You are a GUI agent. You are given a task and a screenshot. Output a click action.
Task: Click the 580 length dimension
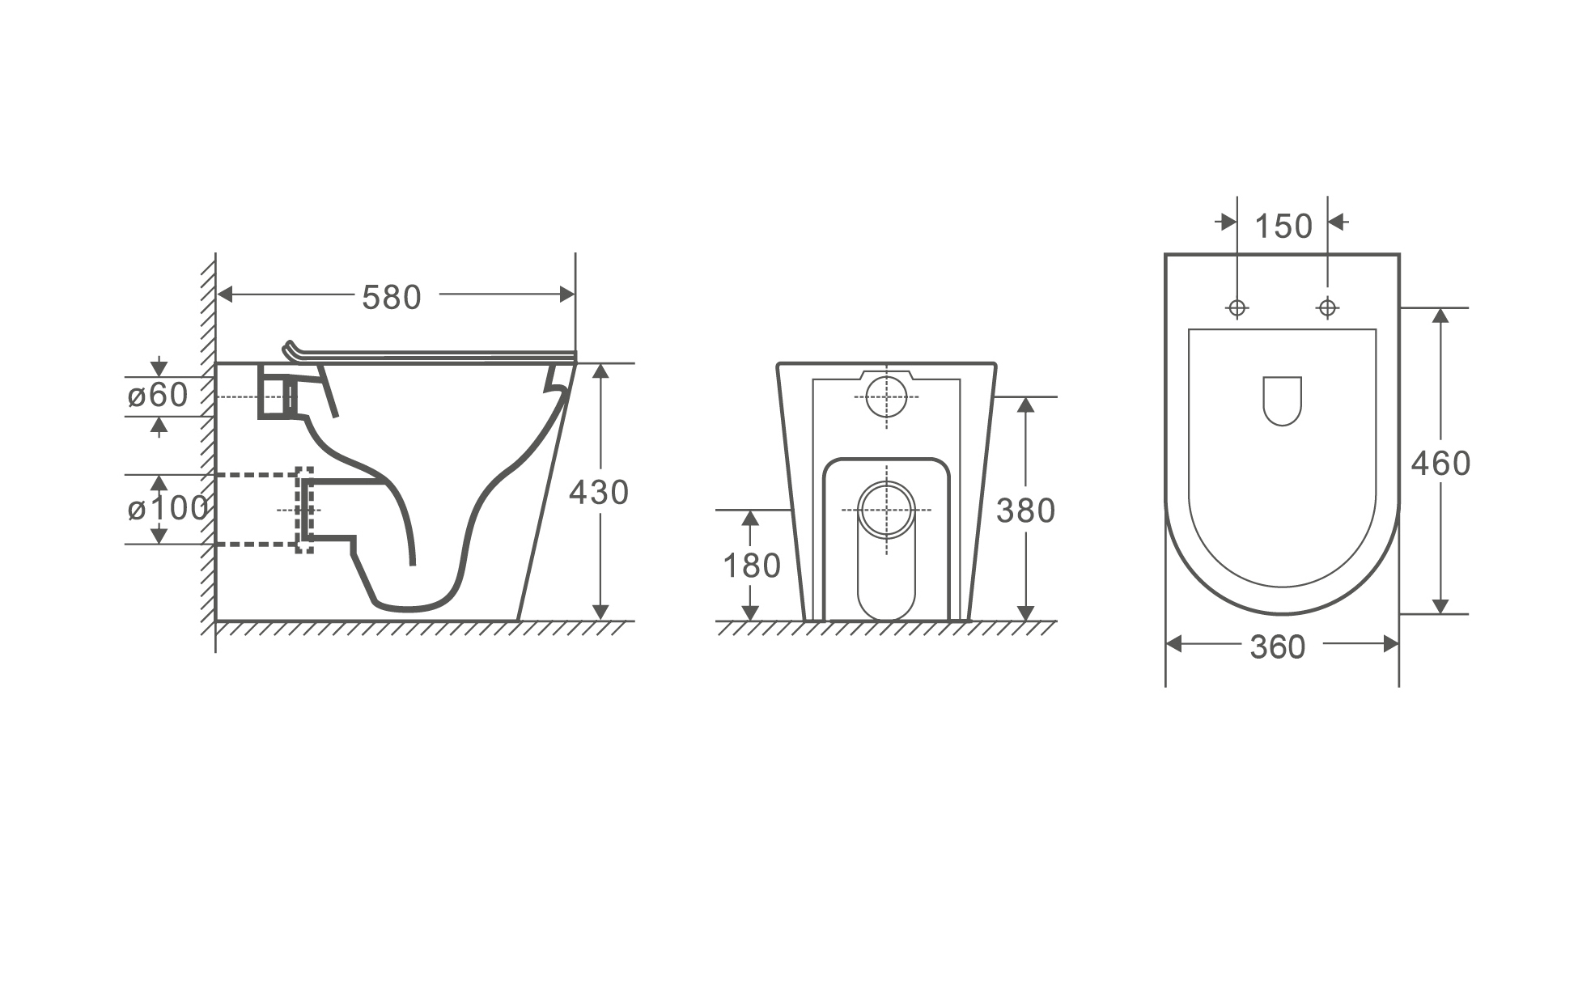(x=392, y=298)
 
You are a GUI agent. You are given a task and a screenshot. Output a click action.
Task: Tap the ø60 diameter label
(x=158, y=395)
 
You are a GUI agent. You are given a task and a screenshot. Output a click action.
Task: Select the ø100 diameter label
(x=168, y=508)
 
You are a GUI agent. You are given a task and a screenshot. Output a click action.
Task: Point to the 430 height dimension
(x=599, y=492)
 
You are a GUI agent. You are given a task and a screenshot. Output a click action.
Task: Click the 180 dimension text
(x=752, y=566)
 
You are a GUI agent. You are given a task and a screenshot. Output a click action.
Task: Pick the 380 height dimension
(x=1026, y=511)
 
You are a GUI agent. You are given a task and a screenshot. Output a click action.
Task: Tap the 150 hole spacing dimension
(x=1283, y=227)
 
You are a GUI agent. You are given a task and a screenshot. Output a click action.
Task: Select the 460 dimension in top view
(x=1440, y=464)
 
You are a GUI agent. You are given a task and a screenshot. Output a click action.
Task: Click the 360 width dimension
(x=1278, y=647)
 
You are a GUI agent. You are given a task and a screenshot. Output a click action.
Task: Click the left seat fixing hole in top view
(x=1237, y=308)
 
